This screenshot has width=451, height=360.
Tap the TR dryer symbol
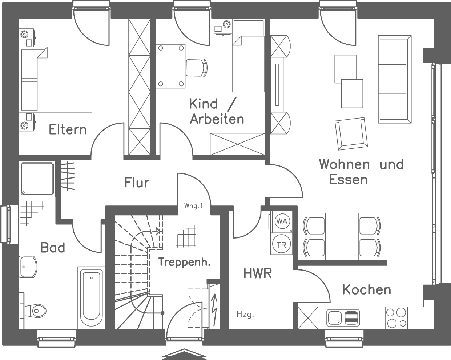(281, 245)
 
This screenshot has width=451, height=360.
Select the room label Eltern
(68, 129)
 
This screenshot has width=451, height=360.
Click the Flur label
(137, 182)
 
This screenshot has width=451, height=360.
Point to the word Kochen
(367, 290)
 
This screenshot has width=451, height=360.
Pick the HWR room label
(258, 273)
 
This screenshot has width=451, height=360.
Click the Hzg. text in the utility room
(245, 314)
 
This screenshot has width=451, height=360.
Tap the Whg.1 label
(193, 206)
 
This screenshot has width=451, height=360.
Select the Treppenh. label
(184, 262)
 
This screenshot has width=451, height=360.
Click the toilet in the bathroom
(34, 310)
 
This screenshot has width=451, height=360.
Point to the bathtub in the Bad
(91, 298)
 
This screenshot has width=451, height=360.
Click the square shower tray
(37, 179)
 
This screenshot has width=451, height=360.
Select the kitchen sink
(343, 317)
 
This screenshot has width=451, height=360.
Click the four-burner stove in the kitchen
(396, 318)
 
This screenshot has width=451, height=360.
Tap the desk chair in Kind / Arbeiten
(197, 67)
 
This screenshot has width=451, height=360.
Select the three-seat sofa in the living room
(395, 79)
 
